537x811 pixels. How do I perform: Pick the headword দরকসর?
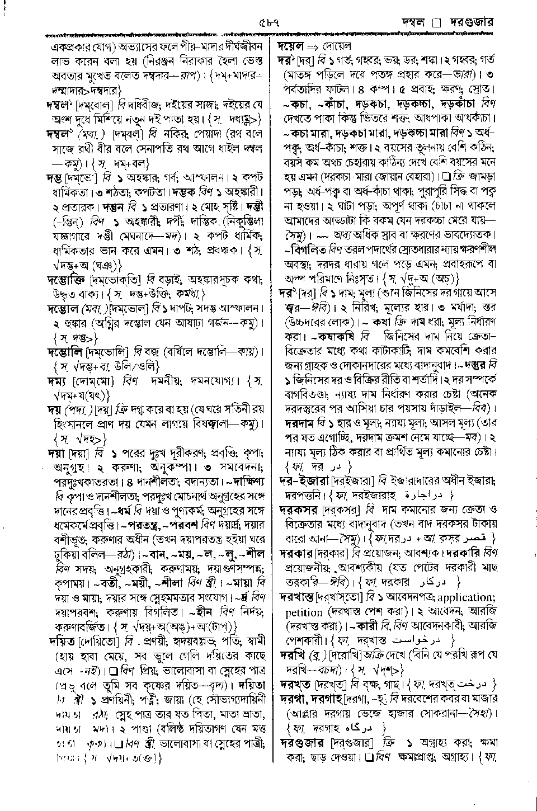pyautogui.click(x=298, y=510)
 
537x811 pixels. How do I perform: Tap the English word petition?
pyautogui.click(x=303, y=612)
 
